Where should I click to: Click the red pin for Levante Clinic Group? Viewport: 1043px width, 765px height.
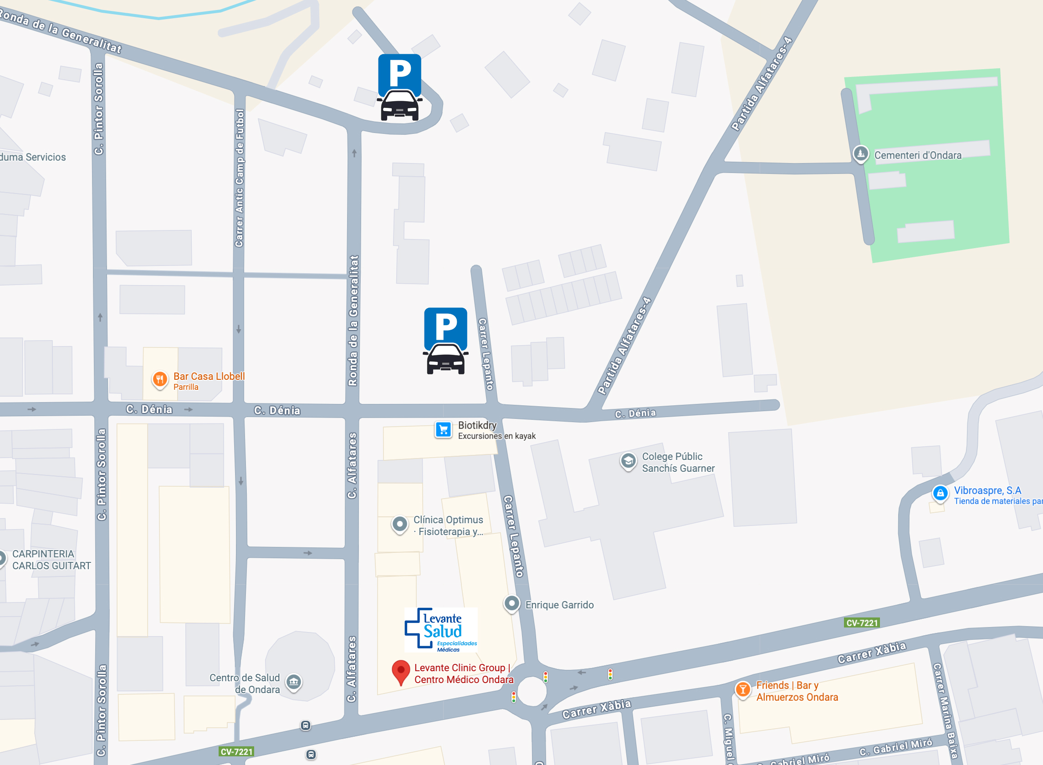click(x=401, y=672)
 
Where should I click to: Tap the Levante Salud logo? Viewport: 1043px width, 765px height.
click(x=440, y=630)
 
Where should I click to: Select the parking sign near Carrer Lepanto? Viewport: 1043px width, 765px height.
click(x=445, y=341)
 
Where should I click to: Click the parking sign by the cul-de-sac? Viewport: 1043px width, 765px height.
click(x=399, y=87)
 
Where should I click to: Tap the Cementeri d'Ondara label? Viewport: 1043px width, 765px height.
click(x=917, y=156)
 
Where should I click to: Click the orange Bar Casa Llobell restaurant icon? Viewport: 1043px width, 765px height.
click(x=160, y=380)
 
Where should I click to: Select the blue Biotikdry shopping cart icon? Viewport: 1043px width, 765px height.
click(x=443, y=429)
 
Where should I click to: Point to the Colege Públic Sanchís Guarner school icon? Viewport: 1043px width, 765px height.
click(x=628, y=461)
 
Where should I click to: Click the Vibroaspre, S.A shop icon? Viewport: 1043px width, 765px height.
click(x=940, y=494)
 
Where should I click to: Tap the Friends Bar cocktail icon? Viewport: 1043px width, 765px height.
click(x=743, y=689)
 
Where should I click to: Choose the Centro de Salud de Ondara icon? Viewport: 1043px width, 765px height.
click(x=294, y=682)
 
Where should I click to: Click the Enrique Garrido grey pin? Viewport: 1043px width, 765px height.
click(x=511, y=603)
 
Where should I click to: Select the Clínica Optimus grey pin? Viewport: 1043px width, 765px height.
click(x=399, y=524)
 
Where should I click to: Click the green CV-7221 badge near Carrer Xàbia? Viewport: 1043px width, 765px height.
click(x=861, y=623)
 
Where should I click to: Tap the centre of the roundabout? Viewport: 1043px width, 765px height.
click(x=531, y=691)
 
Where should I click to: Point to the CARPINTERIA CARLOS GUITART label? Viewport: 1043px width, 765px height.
click(x=51, y=559)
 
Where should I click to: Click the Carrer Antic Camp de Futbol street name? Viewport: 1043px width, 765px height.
click(x=239, y=178)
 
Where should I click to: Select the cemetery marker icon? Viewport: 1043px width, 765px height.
click(x=860, y=153)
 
